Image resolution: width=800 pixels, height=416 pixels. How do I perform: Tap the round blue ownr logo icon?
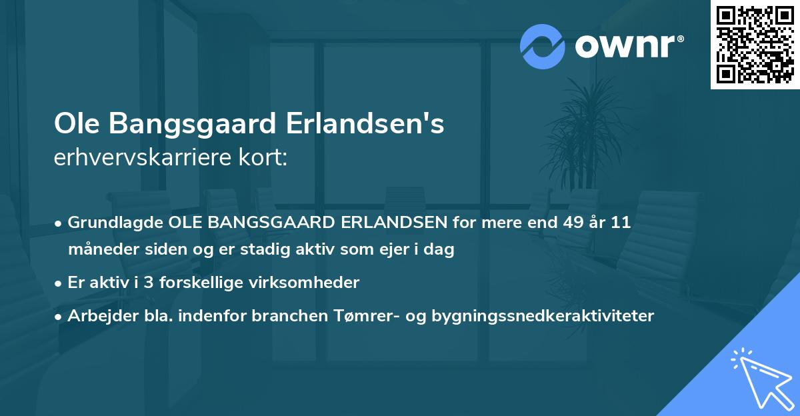pos(543,46)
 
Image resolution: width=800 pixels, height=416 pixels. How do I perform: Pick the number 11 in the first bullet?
pos(619,223)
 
